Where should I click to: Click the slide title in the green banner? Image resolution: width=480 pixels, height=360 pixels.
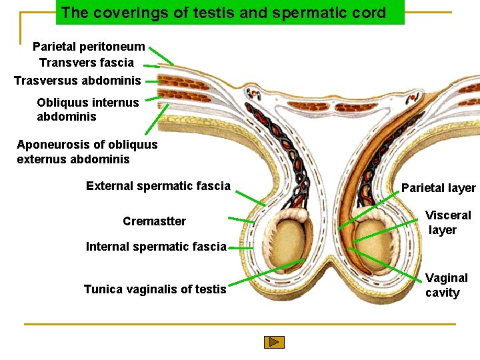[x=223, y=13]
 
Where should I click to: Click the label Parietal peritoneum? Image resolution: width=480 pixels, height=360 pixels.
[x=89, y=47]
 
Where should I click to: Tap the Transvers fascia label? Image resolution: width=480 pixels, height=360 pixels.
[x=87, y=63]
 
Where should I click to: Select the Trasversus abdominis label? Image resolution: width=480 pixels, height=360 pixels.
[x=77, y=81]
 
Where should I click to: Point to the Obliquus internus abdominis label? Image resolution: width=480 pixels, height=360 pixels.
[x=88, y=109]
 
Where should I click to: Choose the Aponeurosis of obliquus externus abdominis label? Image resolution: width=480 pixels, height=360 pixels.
[x=87, y=152]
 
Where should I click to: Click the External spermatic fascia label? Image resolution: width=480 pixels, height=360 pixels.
[x=158, y=186]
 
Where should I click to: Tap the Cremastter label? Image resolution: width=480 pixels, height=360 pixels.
[x=155, y=221]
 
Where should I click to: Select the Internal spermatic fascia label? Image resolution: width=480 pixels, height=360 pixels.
[x=156, y=247]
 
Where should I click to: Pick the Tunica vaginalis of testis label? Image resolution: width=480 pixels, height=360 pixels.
[x=155, y=289]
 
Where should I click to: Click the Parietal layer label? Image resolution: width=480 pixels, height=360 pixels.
[x=438, y=188]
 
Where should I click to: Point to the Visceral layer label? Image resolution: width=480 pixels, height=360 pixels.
[x=448, y=223]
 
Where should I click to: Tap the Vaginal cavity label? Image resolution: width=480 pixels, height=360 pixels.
[x=447, y=285]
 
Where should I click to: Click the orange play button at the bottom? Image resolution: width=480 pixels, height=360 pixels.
[x=274, y=342]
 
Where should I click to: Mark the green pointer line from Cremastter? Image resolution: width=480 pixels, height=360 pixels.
[x=241, y=219]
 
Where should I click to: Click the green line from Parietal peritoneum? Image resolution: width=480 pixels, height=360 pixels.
[x=161, y=55]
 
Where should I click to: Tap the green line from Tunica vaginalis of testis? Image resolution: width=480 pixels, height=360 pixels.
[x=267, y=273]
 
